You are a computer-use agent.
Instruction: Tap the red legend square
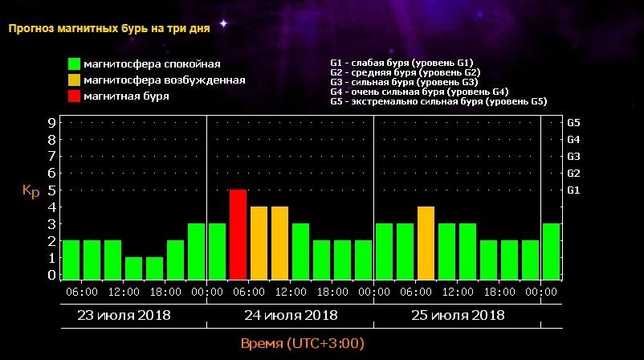(75, 97)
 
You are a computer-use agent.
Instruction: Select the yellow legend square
(75, 80)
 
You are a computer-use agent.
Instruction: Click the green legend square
(75, 64)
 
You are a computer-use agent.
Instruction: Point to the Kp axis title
(31, 192)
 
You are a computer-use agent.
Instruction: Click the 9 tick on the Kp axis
(51, 123)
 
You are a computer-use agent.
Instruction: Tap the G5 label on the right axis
(573, 123)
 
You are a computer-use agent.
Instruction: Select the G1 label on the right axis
(573, 190)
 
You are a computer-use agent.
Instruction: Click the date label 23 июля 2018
(124, 315)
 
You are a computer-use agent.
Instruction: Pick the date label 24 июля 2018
(291, 315)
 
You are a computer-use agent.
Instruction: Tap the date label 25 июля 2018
(458, 315)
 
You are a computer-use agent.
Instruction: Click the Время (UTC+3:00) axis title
(303, 344)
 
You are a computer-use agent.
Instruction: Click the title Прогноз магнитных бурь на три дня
(109, 29)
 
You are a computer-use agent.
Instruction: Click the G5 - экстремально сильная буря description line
(438, 102)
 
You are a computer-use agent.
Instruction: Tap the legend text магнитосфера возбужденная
(165, 80)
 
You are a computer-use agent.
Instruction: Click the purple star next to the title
(224, 24)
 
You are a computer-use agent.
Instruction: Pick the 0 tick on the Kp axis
(51, 275)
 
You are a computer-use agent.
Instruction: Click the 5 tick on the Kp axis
(51, 190)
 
